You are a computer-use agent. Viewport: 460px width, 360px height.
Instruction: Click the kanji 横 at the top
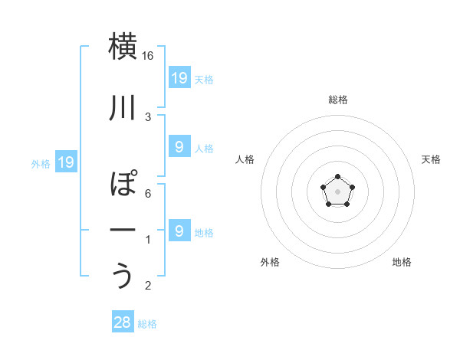point(123,47)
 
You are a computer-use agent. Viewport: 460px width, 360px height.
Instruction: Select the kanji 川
point(123,110)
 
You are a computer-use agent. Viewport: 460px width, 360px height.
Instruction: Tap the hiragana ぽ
point(123,185)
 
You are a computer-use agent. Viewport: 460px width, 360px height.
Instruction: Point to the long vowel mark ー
point(123,230)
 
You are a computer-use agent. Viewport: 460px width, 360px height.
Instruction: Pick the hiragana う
point(123,276)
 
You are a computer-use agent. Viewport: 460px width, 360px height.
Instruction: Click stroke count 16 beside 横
point(148,56)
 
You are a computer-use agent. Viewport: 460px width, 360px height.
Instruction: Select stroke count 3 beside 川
point(148,117)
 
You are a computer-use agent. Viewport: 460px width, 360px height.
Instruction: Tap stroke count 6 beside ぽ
point(148,193)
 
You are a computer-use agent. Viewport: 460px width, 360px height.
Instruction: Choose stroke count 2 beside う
point(148,286)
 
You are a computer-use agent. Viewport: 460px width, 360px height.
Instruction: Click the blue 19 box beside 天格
point(179,78)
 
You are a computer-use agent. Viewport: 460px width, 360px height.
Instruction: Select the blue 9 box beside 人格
point(179,147)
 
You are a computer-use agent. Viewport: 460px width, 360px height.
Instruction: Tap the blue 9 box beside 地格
point(179,231)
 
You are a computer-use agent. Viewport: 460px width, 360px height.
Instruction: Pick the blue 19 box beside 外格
point(66,162)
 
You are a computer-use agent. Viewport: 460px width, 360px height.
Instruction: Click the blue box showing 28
point(123,322)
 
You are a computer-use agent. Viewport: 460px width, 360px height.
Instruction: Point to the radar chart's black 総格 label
point(338,100)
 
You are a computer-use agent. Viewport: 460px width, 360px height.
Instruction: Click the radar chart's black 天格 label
point(432,159)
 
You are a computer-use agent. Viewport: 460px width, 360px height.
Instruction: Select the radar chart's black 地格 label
point(402,262)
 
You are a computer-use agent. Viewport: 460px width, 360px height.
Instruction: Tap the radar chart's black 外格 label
point(270,262)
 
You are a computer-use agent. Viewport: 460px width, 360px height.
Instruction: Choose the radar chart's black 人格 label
point(245,159)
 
